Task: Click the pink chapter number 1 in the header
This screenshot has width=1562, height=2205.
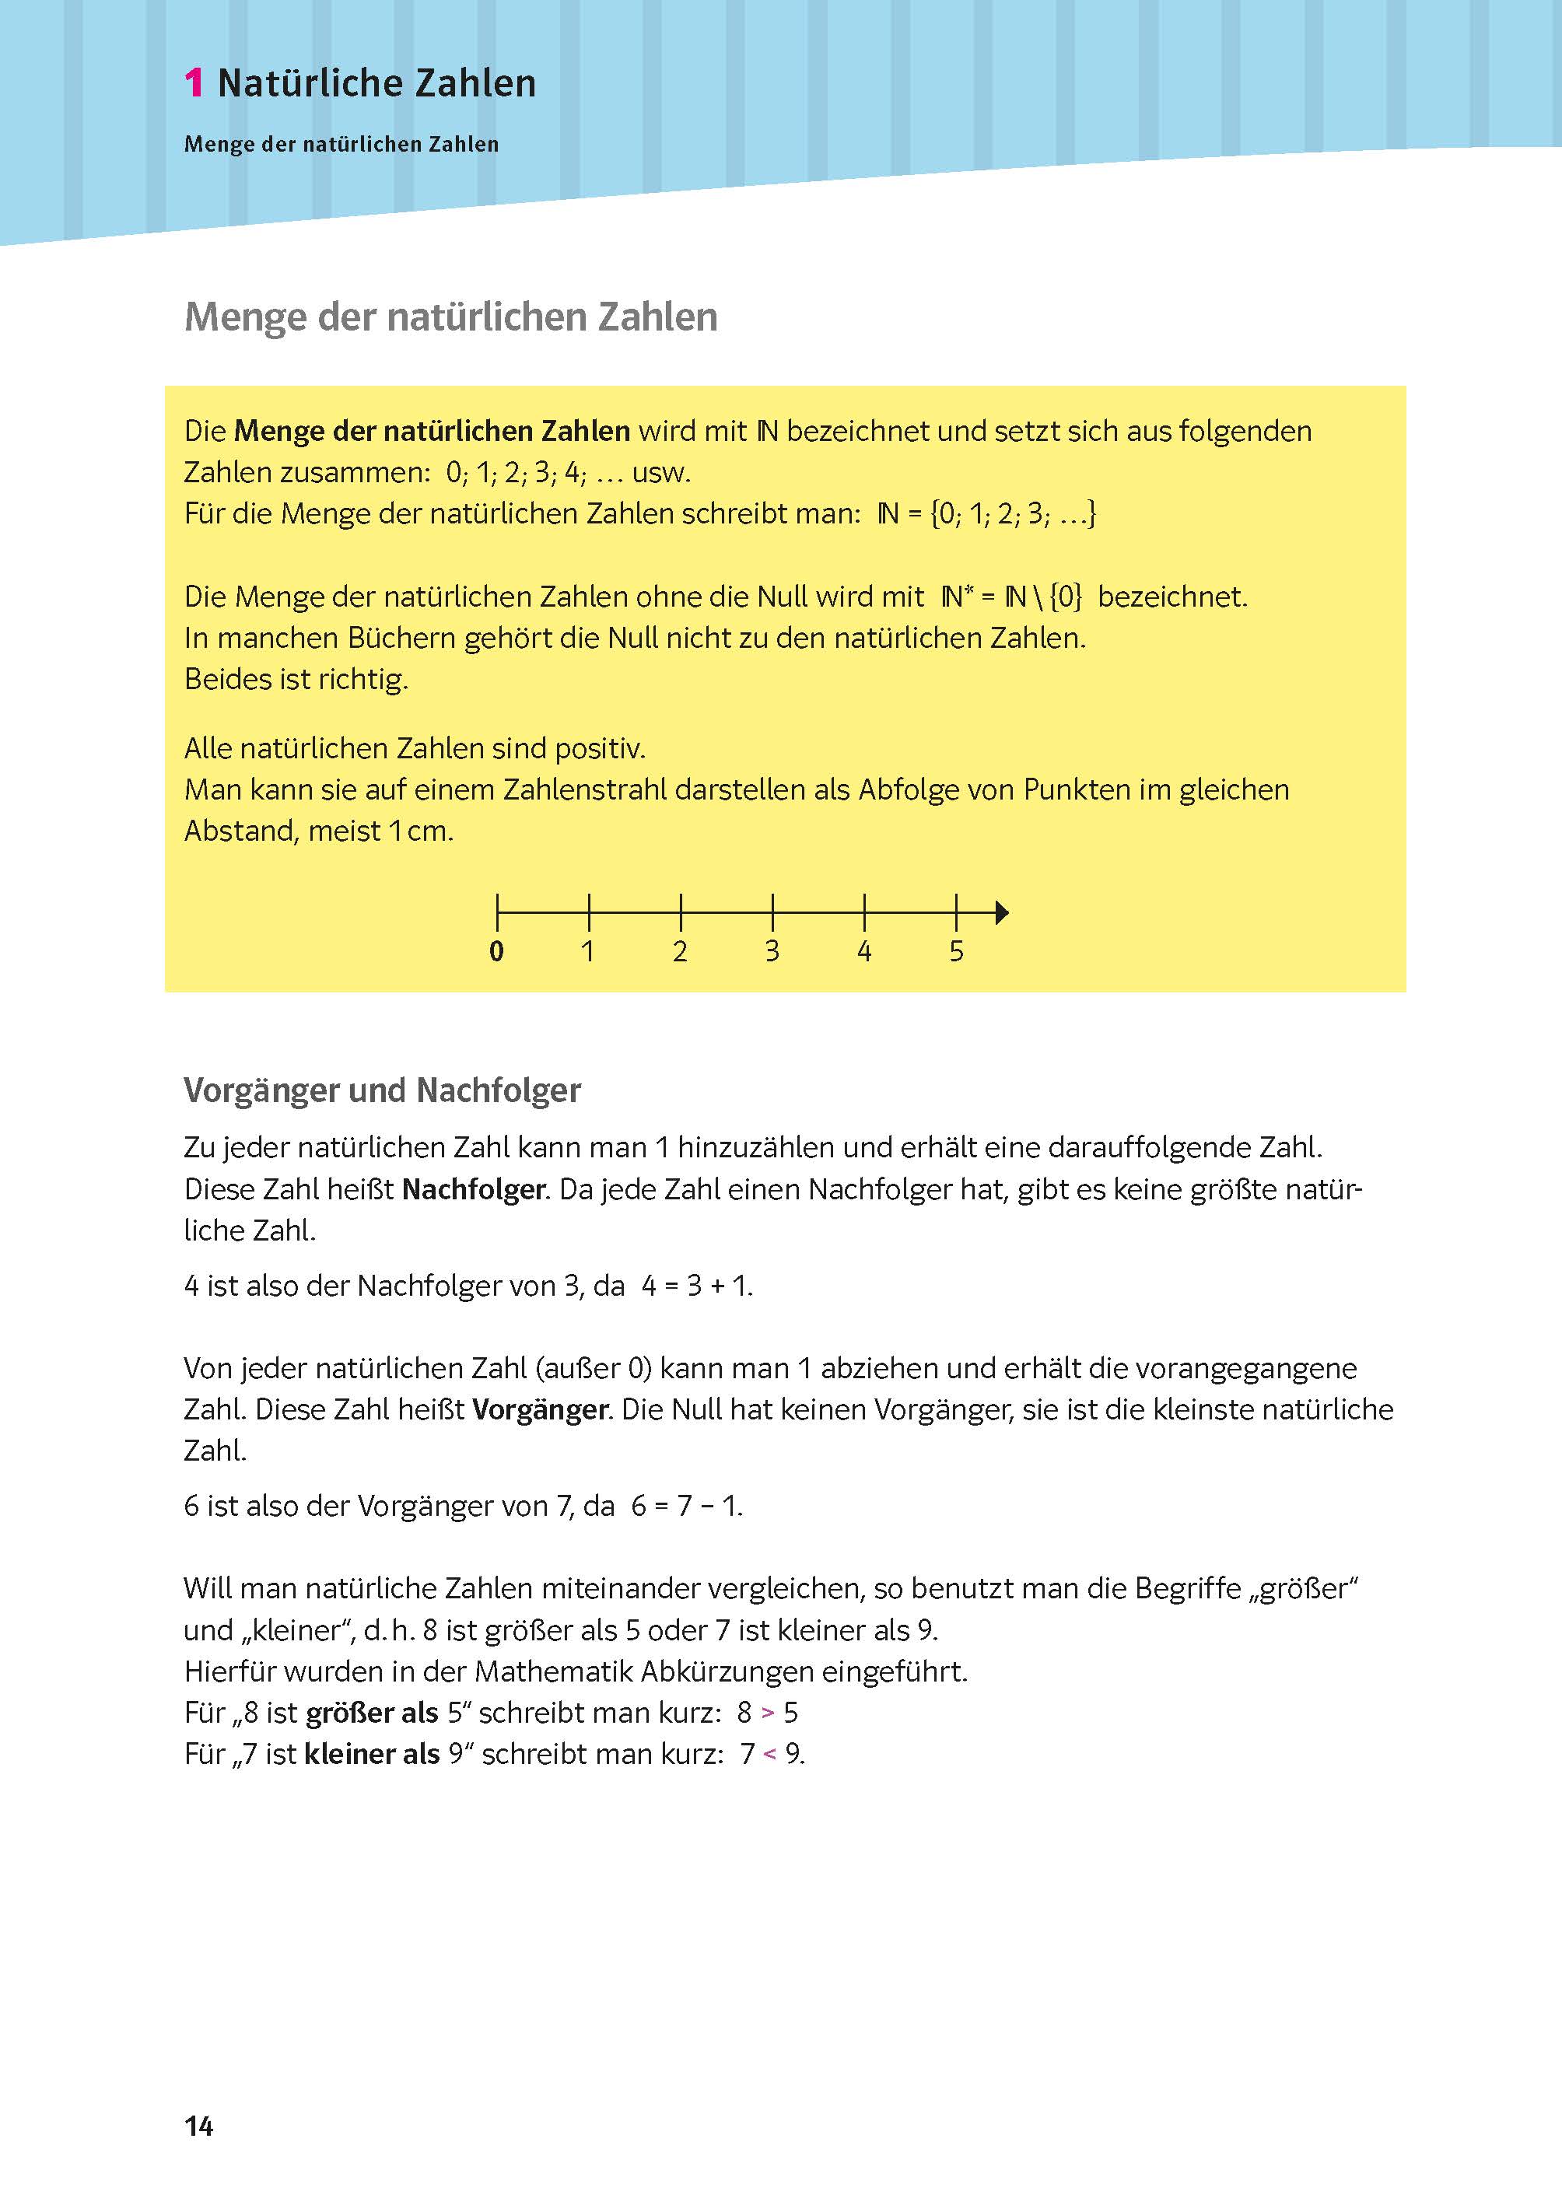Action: [194, 84]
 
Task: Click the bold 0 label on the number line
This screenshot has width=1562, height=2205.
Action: [496, 951]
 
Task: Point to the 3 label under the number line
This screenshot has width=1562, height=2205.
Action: [772, 951]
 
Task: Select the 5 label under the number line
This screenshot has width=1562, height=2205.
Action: [956, 951]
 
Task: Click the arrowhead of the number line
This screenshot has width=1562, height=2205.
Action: [1001, 912]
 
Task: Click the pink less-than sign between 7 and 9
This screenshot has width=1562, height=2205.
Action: [769, 1754]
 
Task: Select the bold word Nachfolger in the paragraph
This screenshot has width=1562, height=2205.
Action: [473, 1189]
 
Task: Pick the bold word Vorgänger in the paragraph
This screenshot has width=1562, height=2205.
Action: [541, 1410]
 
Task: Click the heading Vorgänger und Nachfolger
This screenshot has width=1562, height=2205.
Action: [382, 1090]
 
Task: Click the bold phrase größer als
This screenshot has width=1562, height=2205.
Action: [371, 1713]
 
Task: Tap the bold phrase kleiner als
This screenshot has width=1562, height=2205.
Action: [371, 1754]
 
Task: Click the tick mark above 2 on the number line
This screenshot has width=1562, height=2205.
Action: [680, 910]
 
